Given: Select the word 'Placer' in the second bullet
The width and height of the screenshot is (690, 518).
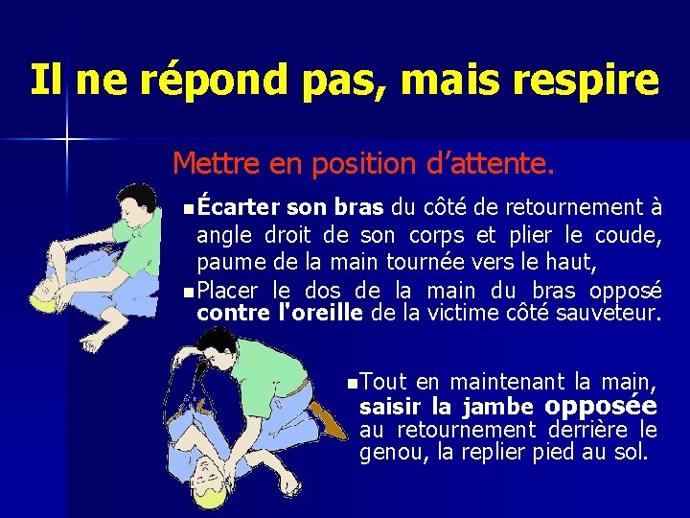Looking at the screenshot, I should point(230,290).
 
